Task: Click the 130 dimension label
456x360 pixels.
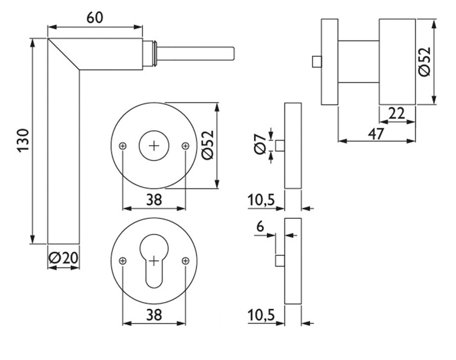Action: tap(23, 140)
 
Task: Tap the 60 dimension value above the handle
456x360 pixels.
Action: tap(95, 18)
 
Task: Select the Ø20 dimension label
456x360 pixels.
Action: tap(63, 258)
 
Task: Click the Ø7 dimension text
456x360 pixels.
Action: tap(260, 145)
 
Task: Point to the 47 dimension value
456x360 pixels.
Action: tap(376, 134)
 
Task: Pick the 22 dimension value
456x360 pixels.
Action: tap(397, 114)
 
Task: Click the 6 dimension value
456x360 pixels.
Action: tap(260, 226)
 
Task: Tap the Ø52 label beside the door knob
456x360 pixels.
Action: tap(425, 62)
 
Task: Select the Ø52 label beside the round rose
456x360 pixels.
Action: tap(208, 145)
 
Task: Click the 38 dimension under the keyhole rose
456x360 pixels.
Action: tap(154, 315)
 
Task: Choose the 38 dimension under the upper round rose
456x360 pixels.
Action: tap(154, 200)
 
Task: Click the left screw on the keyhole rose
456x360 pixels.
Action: tap(123, 261)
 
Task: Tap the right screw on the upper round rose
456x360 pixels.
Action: tap(185, 146)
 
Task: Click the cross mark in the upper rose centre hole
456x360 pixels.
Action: tap(154, 146)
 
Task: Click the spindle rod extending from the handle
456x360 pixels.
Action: tap(195, 54)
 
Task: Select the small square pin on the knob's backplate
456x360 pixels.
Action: tap(317, 61)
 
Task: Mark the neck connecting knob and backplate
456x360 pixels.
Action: tap(359, 62)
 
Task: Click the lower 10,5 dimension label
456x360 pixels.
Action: tap(261, 315)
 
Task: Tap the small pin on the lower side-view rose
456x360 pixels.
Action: tap(280, 261)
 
